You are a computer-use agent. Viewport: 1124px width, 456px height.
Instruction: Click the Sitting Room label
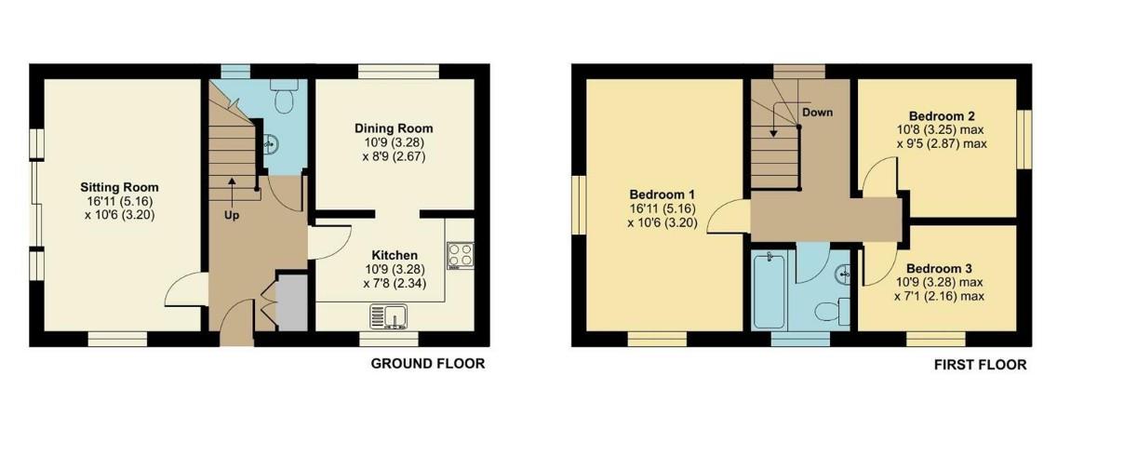coord(119,188)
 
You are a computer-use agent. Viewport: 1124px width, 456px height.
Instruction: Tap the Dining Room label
coord(394,128)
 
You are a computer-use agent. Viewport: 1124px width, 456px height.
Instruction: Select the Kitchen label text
coord(395,255)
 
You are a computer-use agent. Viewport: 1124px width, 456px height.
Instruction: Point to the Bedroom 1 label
coord(662,194)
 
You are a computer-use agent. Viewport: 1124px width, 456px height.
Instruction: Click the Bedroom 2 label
coord(942,116)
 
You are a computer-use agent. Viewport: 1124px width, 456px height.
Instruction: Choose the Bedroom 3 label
coord(940,268)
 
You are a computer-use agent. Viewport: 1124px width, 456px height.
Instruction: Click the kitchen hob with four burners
coord(461,256)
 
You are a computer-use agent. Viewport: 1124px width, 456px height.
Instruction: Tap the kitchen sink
coord(389,317)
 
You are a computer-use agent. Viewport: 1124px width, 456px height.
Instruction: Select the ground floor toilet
coord(285,96)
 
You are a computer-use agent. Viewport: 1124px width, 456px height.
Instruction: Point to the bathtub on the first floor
coord(769,291)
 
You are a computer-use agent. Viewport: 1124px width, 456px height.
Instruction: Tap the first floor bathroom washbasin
coord(842,274)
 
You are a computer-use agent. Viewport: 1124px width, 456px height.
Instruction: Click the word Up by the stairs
coord(232,215)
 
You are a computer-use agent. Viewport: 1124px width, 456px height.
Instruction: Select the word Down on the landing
coord(817,113)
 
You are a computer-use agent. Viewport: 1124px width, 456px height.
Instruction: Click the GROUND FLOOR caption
coord(428,364)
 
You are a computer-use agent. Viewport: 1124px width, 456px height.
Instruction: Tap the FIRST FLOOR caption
coord(980,365)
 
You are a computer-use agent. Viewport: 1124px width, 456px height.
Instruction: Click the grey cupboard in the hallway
coord(292,302)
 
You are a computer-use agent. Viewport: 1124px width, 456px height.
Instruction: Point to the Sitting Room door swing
coord(186,289)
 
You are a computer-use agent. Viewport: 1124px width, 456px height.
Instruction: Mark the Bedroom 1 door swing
coord(729,216)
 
